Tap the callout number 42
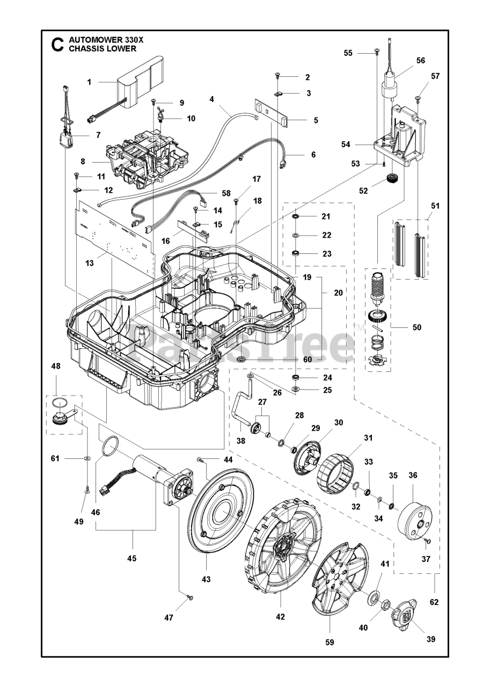(x=280, y=617)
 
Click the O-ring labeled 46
(x=111, y=444)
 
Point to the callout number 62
(x=434, y=602)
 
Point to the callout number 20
(x=338, y=293)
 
